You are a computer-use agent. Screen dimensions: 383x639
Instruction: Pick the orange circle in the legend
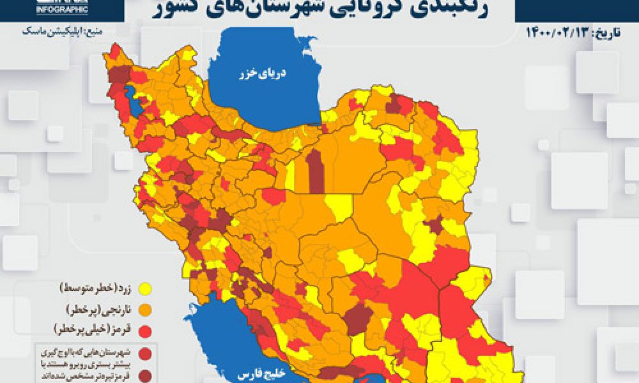point(146,310)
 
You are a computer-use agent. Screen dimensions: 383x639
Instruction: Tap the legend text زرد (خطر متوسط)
point(95,289)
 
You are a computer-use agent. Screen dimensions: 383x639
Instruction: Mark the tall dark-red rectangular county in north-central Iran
point(316,170)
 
